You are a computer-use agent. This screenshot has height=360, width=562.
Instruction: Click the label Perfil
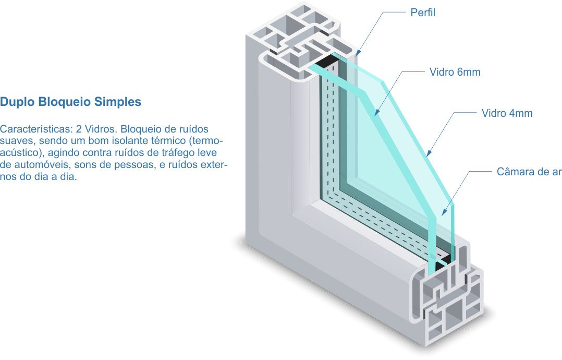(x=422, y=13)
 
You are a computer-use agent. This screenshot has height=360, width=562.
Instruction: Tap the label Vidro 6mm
(x=455, y=73)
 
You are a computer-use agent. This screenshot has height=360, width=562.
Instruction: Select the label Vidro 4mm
(x=507, y=113)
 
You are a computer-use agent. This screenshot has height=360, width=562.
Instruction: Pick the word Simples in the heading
(x=118, y=102)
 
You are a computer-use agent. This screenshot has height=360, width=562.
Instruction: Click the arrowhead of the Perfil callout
(x=357, y=54)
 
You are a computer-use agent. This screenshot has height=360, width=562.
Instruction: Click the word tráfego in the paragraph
(x=178, y=153)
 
